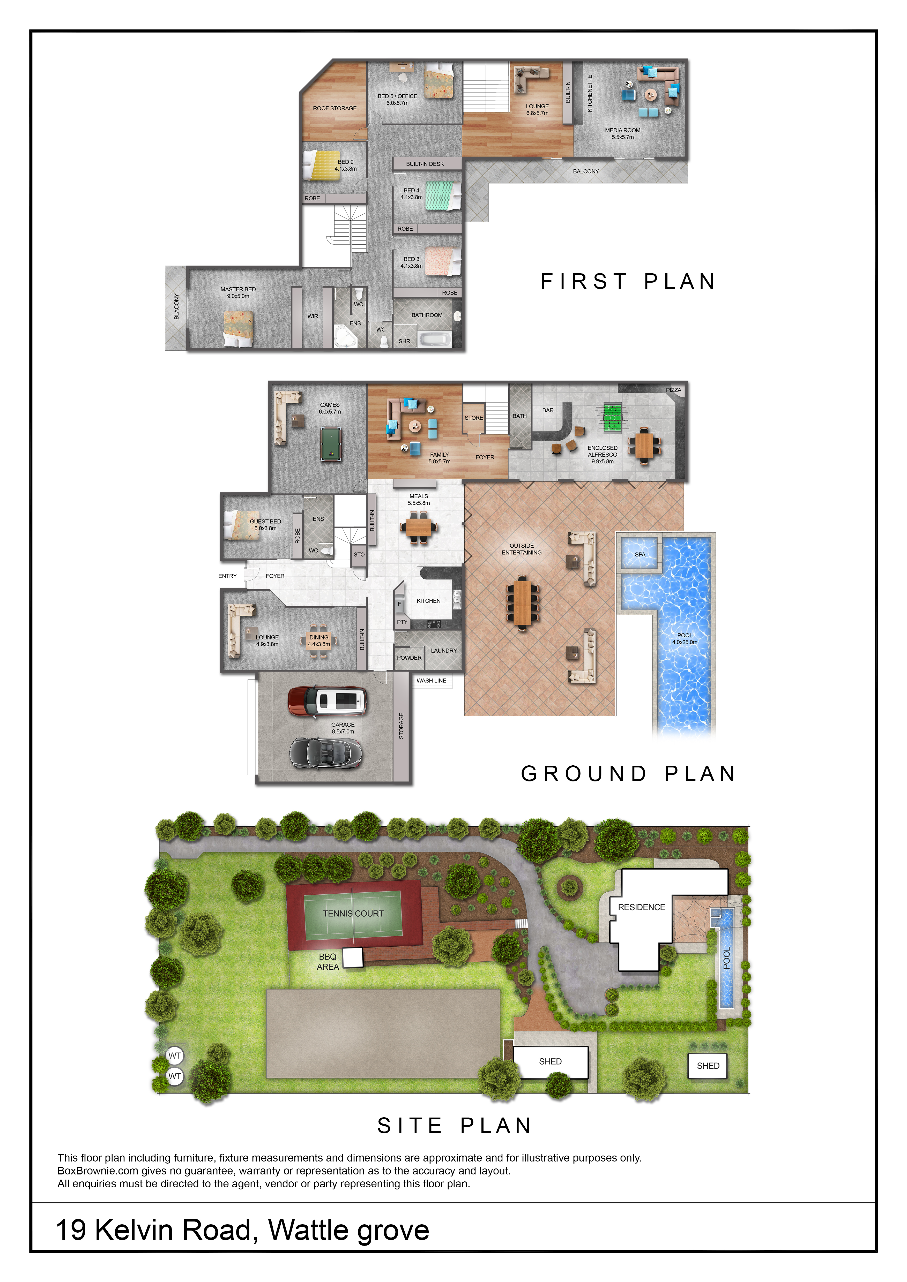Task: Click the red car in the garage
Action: [327, 701]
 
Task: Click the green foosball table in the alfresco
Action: [613, 418]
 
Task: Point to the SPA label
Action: [640, 554]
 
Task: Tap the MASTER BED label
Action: [238, 289]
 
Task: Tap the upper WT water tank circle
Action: [175, 1055]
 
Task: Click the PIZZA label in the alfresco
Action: [674, 390]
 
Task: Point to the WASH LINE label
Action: [431, 681]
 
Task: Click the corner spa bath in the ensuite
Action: [346, 336]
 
